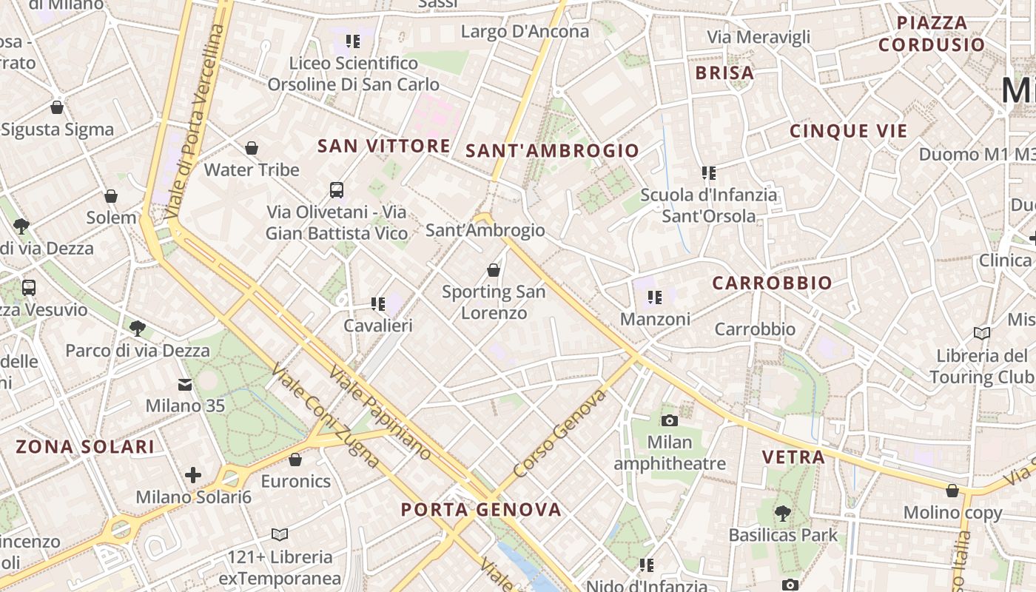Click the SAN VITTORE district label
[383, 146]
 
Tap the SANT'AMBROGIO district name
[552, 151]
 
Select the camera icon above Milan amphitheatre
[669, 420]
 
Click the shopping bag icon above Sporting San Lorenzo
[494, 270]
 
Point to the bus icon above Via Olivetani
[337, 190]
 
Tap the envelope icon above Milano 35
[184, 384]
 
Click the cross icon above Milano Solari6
[193, 474]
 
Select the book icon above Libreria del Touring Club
[982, 333]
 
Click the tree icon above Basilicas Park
[782, 513]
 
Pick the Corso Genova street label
[560, 433]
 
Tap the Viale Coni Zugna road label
[326, 415]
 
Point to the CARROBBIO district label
[772, 283]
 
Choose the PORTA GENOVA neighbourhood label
[481, 509]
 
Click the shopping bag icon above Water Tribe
[252, 148]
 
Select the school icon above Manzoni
[655, 297]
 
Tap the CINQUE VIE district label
[848, 132]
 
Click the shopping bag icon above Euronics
[295, 460]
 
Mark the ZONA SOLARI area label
[85, 446]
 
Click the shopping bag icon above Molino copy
[952, 490]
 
